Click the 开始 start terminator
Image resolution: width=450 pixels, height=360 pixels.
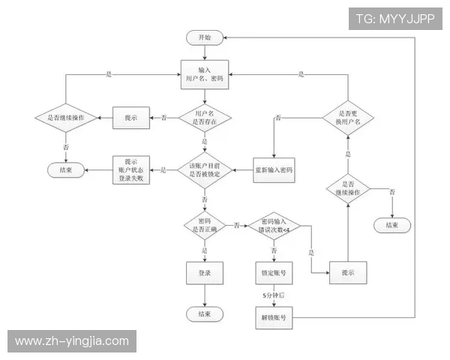point(204,37)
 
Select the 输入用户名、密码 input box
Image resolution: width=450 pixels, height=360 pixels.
point(204,73)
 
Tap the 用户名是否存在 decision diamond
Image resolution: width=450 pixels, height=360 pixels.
point(204,118)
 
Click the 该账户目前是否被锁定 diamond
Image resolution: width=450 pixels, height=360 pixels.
point(204,171)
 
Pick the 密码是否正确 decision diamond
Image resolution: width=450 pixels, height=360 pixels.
point(204,224)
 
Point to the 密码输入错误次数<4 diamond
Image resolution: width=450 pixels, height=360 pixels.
point(274,224)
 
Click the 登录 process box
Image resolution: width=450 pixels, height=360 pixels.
point(204,273)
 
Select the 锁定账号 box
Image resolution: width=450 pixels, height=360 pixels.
point(274,273)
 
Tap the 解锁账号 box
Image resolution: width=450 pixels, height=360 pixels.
point(274,318)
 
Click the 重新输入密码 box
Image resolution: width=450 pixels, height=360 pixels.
point(274,171)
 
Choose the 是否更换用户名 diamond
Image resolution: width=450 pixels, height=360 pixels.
point(347,117)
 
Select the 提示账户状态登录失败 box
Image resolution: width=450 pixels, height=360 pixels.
point(131,171)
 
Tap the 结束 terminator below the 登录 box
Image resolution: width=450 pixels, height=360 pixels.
point(204,313)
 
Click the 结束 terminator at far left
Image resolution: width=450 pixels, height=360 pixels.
point(65,170)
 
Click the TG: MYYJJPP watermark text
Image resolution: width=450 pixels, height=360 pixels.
point(394,19)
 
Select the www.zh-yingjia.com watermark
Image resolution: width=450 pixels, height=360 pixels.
point(71,340)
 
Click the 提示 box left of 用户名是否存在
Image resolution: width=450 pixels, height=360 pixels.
point(131,118)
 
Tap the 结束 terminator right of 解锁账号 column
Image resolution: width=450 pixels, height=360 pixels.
point(391,224)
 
